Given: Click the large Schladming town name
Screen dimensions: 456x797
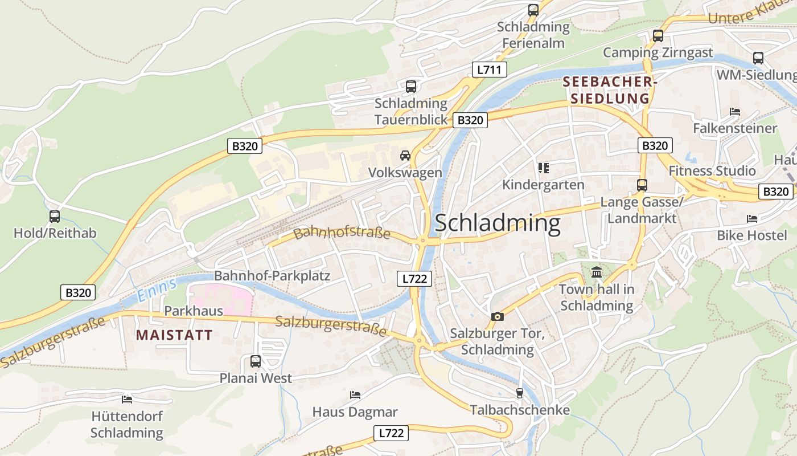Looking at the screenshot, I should point(498,223).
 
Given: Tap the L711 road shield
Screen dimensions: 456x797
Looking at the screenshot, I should point(489,70).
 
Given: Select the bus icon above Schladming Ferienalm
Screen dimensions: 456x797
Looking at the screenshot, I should point(533,10).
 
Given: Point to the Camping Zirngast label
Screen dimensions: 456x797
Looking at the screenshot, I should point(658,53).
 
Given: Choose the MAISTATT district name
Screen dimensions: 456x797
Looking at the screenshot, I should point(174,335).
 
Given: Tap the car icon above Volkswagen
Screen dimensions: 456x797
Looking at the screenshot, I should point(405,156).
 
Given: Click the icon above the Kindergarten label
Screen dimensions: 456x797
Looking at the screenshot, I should point(543,168).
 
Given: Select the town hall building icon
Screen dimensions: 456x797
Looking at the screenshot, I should point(597,272).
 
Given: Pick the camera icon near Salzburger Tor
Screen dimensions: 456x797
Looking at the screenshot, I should point(497,316).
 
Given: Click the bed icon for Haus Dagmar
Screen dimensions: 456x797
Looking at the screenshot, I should point(355,395).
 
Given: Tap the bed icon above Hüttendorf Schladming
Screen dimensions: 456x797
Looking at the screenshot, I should point(127,400).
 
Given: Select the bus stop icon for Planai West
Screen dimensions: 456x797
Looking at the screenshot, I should point(256,361).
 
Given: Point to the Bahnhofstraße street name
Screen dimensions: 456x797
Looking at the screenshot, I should point(342,233).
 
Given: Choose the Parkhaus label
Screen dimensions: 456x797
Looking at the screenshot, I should point(186,311).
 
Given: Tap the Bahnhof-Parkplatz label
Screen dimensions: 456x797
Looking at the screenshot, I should point(272,276).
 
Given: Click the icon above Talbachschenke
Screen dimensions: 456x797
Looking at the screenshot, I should point(519,393).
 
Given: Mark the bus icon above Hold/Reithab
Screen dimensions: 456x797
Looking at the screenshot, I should point(55,217).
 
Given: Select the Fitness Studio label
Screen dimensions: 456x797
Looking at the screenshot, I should point(712,171).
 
